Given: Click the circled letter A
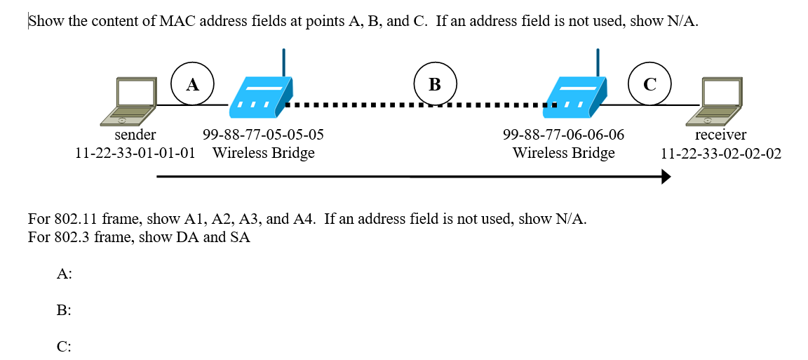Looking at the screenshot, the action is pos(193,84).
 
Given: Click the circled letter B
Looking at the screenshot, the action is pos(435,84).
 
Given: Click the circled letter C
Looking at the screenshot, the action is pos(649,84).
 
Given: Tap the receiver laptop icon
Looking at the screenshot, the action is pos(714,102).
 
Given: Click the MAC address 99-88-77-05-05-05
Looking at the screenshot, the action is pos(263,135).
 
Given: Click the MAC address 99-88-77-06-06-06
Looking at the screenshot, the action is pos(563,135).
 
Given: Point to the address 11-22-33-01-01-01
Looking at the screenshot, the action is pos(135,154).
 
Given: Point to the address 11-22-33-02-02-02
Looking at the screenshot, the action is pos(721,154).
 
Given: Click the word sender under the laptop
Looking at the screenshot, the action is pos(135,135).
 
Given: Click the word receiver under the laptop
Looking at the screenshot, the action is pos(720,135).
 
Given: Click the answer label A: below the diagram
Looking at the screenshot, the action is pos(64,274).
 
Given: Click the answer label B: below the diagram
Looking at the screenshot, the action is pos(64,310).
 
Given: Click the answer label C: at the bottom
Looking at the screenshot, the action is pos(64,347).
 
